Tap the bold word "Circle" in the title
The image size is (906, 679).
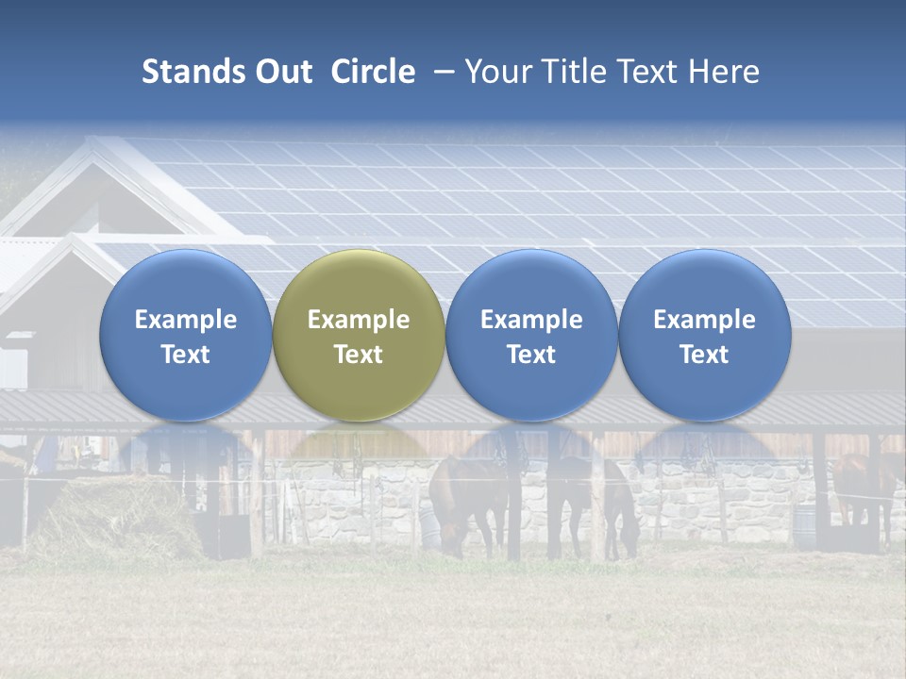(373, 72)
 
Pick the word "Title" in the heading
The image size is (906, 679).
(575, 72)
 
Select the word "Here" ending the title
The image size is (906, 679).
(723, 72)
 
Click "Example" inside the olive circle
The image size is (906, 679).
(359, 320)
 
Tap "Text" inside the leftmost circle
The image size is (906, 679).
(185, 355)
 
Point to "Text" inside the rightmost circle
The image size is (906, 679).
(704, 355)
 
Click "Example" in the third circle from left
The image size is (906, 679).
(531, 320)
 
